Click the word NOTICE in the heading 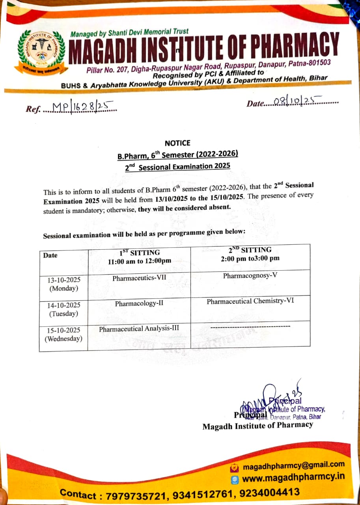pos(177,143)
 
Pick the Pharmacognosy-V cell pos(250,275)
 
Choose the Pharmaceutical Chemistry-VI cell pos(250,301)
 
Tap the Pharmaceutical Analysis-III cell pos(139,329)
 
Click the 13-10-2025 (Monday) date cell pos(63,284)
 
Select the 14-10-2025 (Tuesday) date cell pos(63,310)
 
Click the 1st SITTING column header pos(140,256)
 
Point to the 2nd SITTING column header pos(250,254)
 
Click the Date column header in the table pos(50,255)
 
